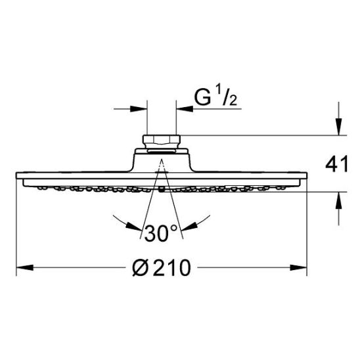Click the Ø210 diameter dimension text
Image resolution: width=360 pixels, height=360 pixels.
point(162,268)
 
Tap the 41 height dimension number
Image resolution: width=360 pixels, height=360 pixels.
point(337,164)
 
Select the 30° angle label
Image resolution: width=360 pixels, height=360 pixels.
point(161,233)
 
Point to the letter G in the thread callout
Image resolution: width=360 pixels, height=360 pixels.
point(202,97)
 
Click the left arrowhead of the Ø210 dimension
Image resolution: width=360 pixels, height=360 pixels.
point(25,268)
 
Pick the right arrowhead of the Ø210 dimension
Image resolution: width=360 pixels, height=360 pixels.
point(298,268)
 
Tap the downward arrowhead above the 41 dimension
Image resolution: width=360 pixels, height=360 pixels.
point(338,127)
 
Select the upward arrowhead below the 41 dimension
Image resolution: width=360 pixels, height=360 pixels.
point(338,200)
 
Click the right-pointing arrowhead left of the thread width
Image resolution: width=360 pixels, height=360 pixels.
point(139,109)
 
